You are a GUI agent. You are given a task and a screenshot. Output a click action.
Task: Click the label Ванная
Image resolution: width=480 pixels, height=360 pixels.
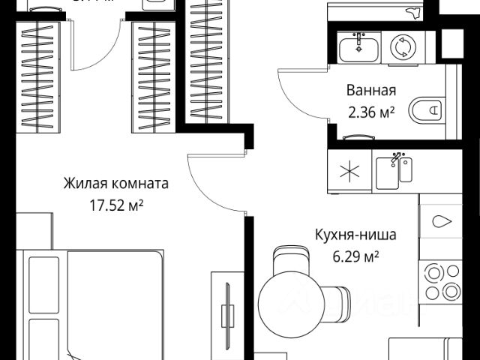pyautogui.click(x=370, y=91)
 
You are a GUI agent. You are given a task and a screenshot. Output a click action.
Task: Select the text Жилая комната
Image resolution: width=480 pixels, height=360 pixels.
pyautogui.click(x=115, y=183)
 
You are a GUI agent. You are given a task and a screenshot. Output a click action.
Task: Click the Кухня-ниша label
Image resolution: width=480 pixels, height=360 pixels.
pyautogui.click(x=356, y=235)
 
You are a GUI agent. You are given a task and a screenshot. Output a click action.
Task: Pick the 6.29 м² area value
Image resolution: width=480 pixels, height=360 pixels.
pyautogui.click(x=356, y=256)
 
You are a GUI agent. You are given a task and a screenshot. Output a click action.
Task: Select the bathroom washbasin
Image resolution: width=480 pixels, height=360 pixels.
pyautogui.click(x=359, y=48)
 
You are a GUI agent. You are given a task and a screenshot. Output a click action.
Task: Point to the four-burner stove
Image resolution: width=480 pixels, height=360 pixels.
pyautogui.click(x=442, y=282)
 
